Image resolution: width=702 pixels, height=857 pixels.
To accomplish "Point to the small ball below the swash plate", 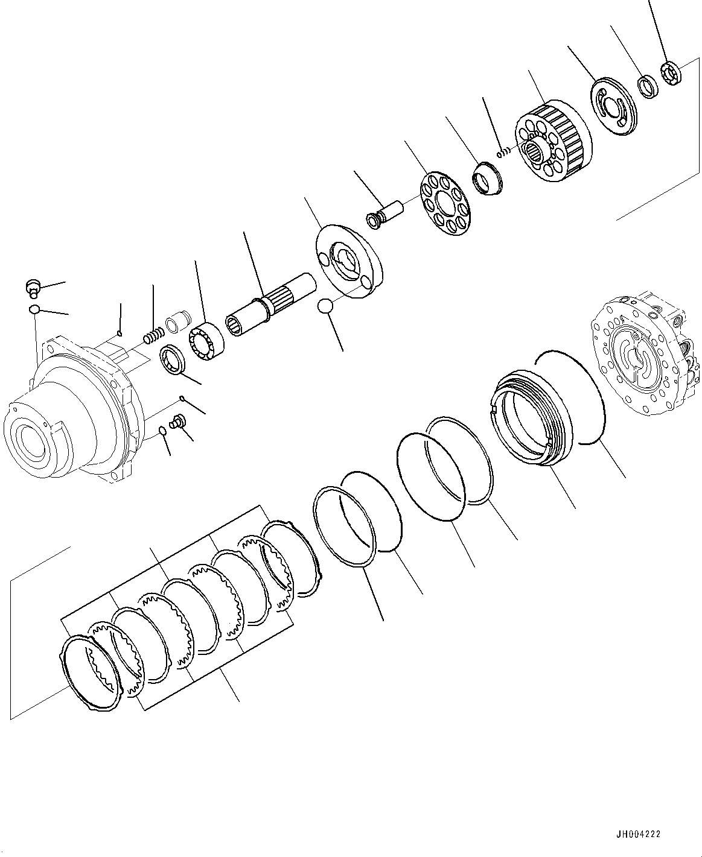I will click(x=325, y=306).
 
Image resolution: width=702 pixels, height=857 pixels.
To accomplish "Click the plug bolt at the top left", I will click(x=33, y=288).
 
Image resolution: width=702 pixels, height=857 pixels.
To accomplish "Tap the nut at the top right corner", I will click(x=670, y=72).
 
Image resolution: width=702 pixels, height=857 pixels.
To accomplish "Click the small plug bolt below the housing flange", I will click(x=177, y=422).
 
